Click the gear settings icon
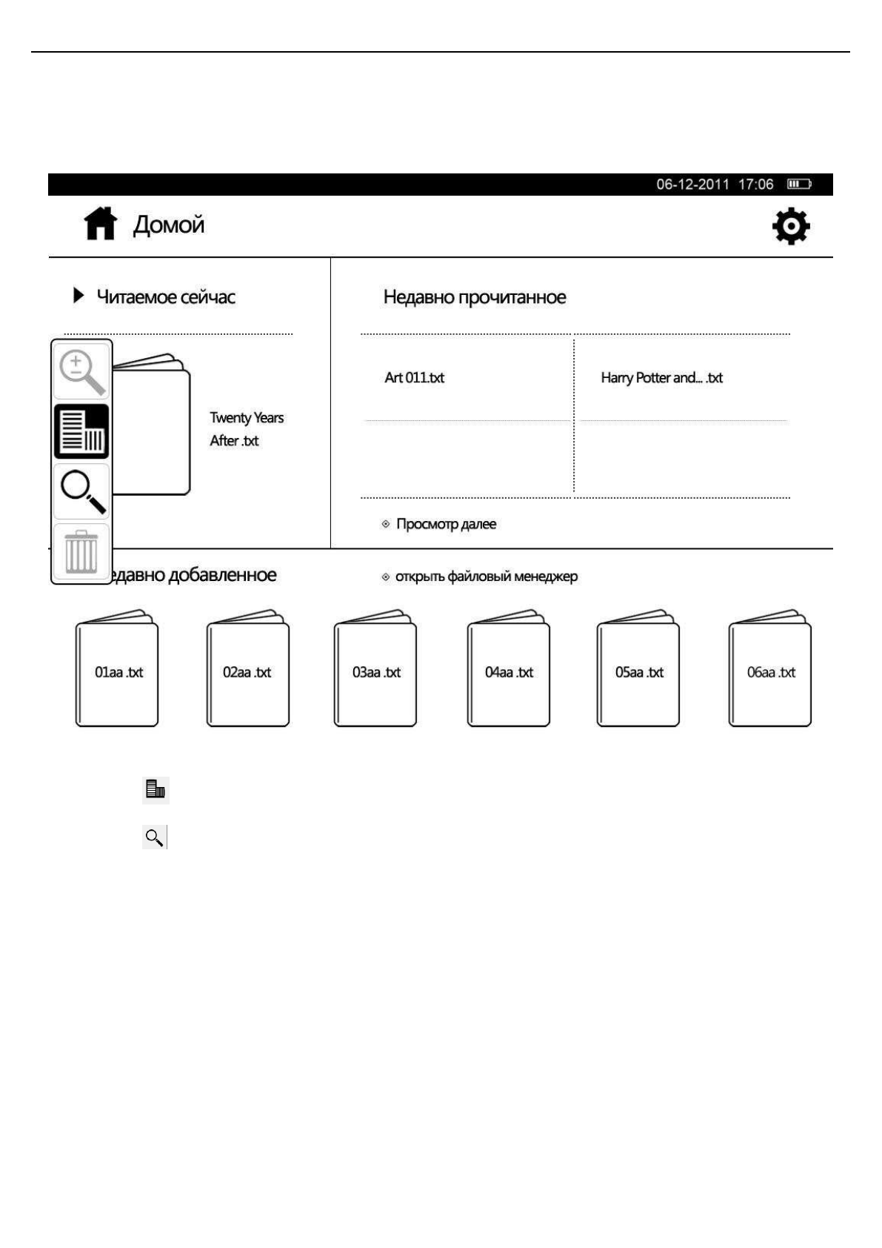(790, 226)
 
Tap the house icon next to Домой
(100, 224)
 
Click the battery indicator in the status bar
(799, 184)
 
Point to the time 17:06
(755, 184)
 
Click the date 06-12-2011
(692, 184)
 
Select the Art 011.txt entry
(414, 378)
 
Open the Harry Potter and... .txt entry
(661, 378)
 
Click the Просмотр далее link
(445, 524)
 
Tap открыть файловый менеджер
(485, 577)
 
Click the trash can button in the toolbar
(81, 552)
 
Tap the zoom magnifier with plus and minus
(81, 372)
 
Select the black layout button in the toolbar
(81, 431)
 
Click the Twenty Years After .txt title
(246, 429)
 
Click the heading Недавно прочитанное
(475, 297)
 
